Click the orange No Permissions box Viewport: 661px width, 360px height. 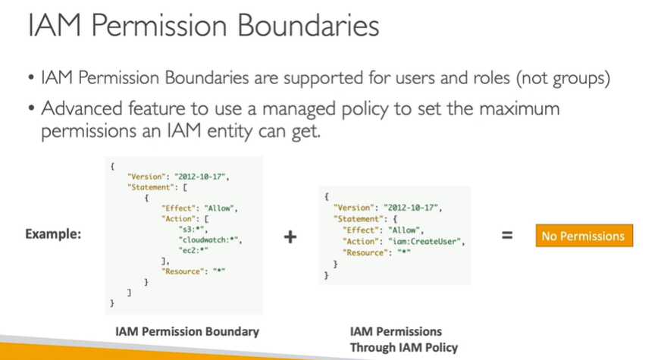583,236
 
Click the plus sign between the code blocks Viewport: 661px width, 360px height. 290,236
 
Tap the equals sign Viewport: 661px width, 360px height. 506,236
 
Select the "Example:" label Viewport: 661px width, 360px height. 54,233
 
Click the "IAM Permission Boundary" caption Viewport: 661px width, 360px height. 187,331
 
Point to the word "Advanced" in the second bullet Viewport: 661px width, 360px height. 80,108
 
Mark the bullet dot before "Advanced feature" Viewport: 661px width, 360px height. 30,109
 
